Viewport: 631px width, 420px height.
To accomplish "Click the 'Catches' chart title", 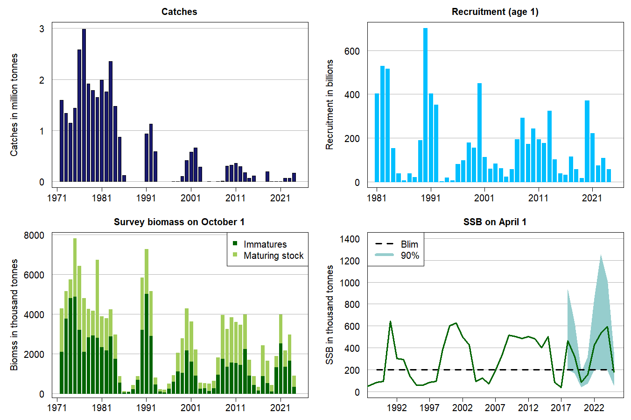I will click(x=179, y=12).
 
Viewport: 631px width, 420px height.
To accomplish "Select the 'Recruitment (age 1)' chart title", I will click(x=495, y=12).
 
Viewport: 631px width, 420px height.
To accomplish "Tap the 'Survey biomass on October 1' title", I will click(x=179, y=222).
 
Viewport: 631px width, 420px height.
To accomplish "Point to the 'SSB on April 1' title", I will click(x=495, y=222).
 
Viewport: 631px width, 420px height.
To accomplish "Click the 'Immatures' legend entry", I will click(x=265, y=244).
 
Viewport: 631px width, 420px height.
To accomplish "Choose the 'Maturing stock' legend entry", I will click(x=273, y=256).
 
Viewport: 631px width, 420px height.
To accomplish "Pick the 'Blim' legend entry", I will click(x=409, y=244).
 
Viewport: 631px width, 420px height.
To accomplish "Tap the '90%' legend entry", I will click(x=409, y=256).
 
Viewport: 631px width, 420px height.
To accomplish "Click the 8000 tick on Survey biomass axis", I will click(x=34, y=235).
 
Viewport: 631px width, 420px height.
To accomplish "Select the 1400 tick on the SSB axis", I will click(x=350, y=239).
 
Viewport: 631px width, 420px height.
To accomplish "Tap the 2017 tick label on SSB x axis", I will click(x=561, y=408).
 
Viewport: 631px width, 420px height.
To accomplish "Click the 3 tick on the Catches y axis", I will click(x=42, y=29).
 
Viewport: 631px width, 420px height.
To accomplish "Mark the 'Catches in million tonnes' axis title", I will click(x=14, y=105).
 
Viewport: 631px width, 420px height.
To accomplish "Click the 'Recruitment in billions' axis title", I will click(x=330, y=105).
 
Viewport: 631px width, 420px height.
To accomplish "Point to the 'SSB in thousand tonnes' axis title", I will click(x=330, y=315).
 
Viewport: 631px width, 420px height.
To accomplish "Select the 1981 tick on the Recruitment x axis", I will click(x=377, y=198).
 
